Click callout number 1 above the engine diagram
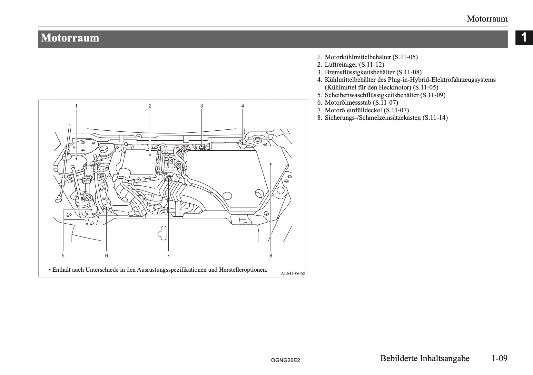(x=76, y=106)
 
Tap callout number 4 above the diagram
(x=243, y=106)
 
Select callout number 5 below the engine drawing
(x=63, y=256)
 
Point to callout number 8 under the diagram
(x=271, y=256)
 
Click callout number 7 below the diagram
(x=168, y=256)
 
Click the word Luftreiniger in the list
(x=341, y=65)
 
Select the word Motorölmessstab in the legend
(x=348, y=103)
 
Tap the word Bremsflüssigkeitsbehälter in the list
(x=360, y=72)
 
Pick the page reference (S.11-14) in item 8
(x=435, y=118)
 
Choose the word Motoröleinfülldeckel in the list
(x=353, y=110)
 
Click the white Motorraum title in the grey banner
(x=70, y=38)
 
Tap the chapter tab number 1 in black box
(x=524, y=38)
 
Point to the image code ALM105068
(x=292, y=274)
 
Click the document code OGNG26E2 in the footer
(x=285, y=361)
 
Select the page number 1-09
(x=499, y=358)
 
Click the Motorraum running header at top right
(x=487, y=19)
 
